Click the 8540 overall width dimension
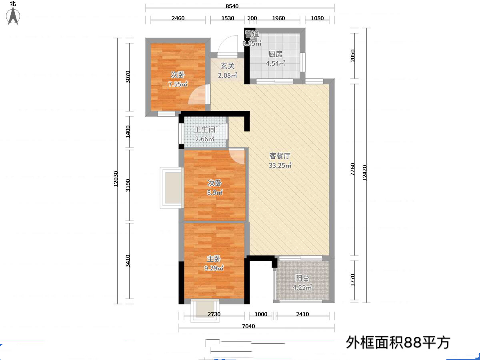coord(232,6)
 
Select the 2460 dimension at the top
coord(178,18)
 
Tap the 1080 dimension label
coord(317,18)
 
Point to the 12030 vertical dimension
coord(116,179)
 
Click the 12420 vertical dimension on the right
coord(364,173)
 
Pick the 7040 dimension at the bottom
coord(249,326)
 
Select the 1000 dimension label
coord(261,314)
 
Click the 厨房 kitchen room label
coord(275,54)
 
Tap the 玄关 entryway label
coord(228,66)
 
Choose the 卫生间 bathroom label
coord(205,129)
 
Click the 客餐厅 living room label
coord(280,156)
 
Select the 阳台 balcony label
coord(302,278)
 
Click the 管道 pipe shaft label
coord(252,34)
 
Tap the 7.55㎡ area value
coord(178,84)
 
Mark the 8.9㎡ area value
coord(215,192)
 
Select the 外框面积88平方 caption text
coord(398,342)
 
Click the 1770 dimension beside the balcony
coord(352,280)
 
